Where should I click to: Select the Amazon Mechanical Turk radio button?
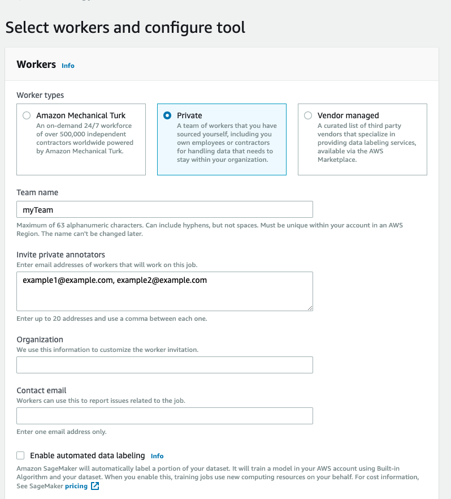click(x=27, y=115)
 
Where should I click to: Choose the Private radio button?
click(x=167, y=115)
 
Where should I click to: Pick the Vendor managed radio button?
click(x=308, y=115)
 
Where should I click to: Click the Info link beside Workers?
click(x=68, y=66)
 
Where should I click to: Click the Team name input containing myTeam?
click(x=164, y=209)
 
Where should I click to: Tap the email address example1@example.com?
click(x=68, y=280)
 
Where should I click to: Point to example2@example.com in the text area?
click(x=162, y=280)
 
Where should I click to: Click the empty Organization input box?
click(x=164, y=365)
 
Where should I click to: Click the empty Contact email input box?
click(x=164, y=416)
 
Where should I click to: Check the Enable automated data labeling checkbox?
click(x=21, y=455)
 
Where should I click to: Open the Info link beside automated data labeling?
click(x=157, y=456)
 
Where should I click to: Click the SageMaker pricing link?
click(x=76, y=486)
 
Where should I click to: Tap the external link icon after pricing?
click(x=95, y=486)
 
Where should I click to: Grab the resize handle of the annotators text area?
click(x=310, y=308)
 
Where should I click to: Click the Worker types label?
click(x=40, y=95)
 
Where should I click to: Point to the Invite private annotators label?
click(x=61, y=255)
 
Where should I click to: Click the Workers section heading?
click(x=36, y=64)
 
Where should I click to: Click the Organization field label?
click(x=40, y=339)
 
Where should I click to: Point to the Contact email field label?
click(x=41, y=390)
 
